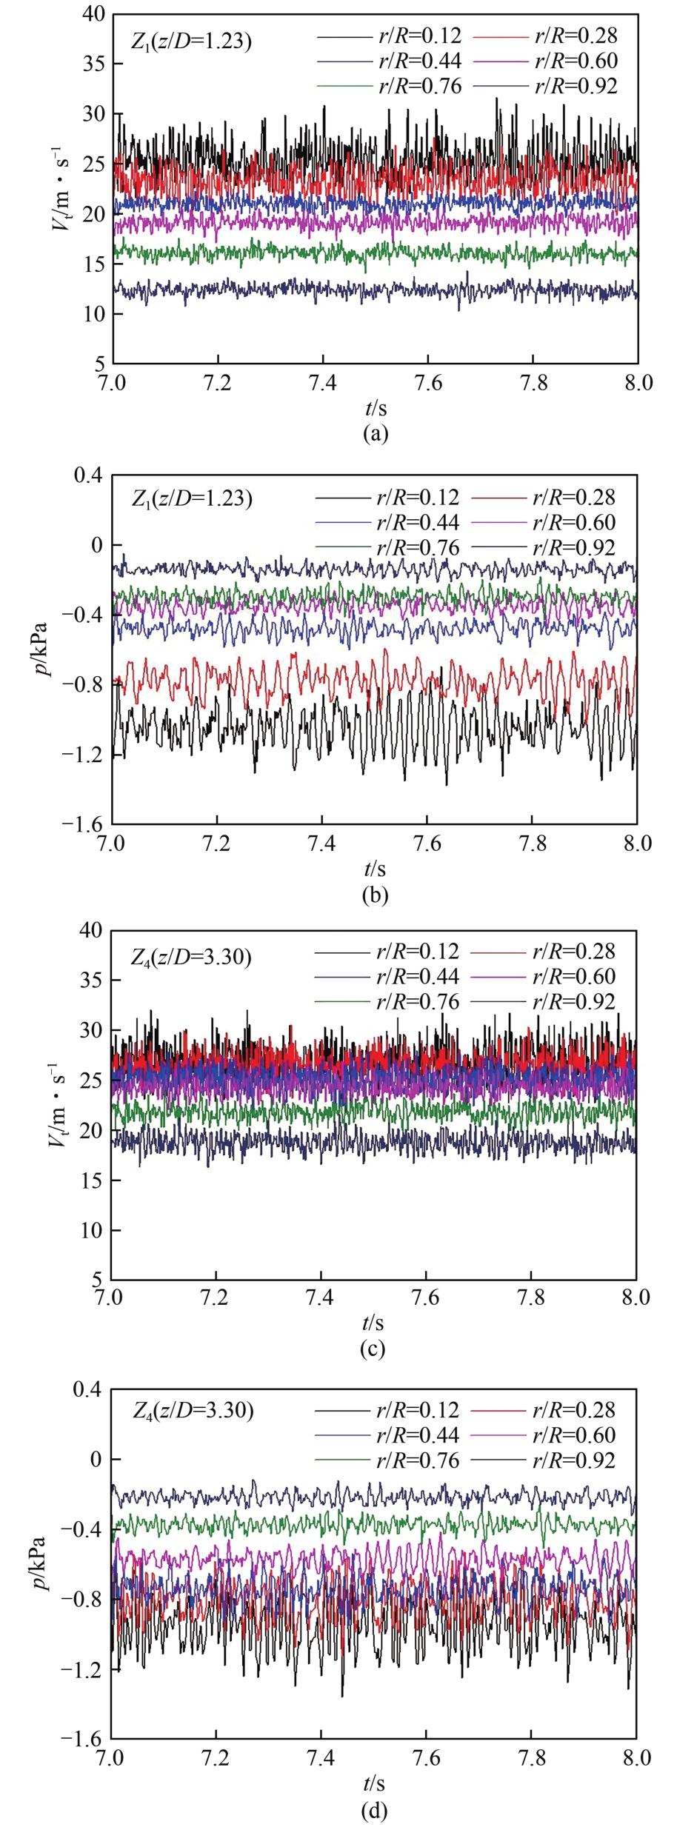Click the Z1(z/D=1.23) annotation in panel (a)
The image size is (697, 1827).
pyautogui.click(x=191, y=41)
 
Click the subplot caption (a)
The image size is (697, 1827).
pyautogui.click(x=375, y=433)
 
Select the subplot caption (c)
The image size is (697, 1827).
pyautogui.click(x=373, y=1349)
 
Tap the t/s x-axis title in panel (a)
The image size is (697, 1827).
pyautogui.click(x=375, y=408)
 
